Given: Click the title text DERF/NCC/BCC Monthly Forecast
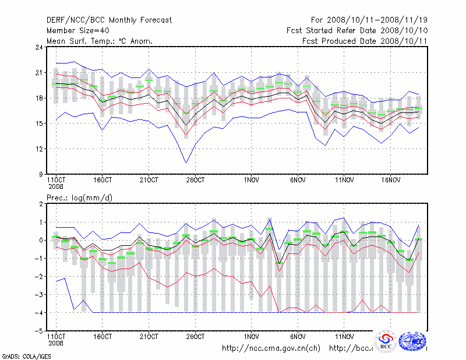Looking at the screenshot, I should pyautogui.click(x=109, y=20).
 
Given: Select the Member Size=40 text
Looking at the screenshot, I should pyautogui.click(x=77, y=30).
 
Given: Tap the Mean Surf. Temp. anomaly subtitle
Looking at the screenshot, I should pyautogui.click(x=100, y=41).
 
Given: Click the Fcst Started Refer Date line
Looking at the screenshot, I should pyautogui.click(x=357, y=30).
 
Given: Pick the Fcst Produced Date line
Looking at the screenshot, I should pyautogui.click(x=365, y=41).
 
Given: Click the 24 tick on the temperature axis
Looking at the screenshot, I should pyautogui.click(x=39, y=47).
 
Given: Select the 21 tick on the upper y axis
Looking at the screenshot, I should pyautogui.click(x=39, y=73).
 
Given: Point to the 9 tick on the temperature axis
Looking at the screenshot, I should pyautogui.click(x=41, y=174).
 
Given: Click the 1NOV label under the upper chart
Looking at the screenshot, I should pyautogui.click(x=251, y=180).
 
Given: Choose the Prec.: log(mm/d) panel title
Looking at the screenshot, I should pyautogui.click(x=80, y=198).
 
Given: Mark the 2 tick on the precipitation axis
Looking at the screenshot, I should pyautogui.click(x=41, y=204).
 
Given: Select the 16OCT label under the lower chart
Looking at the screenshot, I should pyautogui.click(x=102, y=337).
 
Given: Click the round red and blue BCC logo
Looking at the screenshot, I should pyautogui.click(x=386, y=342).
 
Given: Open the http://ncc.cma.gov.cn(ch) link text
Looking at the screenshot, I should pyautogui.click(x=271, y=348).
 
